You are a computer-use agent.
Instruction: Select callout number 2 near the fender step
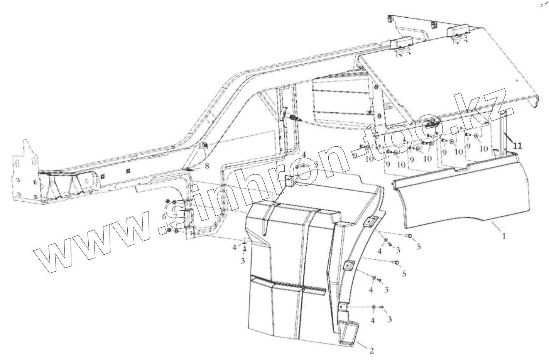point(371,351)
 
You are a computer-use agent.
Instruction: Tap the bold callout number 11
point(517,145)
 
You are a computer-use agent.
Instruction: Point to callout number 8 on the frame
point(207,166)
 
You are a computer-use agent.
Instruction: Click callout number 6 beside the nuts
point(164,216)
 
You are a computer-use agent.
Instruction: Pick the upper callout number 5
point(419,247)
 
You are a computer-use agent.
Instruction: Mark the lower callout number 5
point(404,274)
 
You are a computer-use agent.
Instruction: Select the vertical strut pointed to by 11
point(503,133)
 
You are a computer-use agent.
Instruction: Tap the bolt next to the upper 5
point(409,236)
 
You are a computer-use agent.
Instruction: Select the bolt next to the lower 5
point(396,262)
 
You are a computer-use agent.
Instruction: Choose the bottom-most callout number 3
point(389,319)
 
